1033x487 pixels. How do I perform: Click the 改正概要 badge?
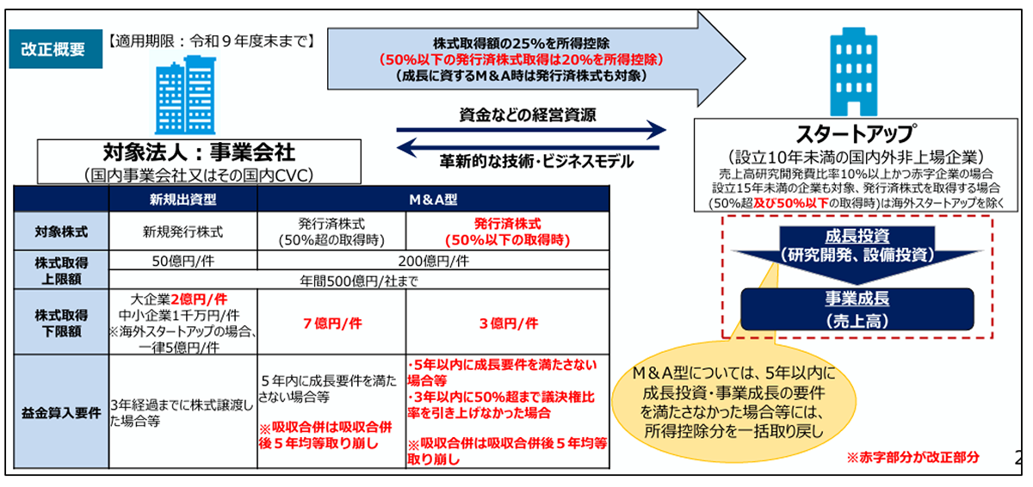(x=53, y=49)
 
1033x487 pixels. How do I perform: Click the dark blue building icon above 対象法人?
(x=175, y=94)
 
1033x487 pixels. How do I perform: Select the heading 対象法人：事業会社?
(x=199, y=152)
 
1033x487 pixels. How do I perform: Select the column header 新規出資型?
(x=183, y=198)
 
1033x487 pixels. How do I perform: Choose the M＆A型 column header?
(x=433, y=198)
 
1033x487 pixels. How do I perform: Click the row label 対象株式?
(x=60, y=231)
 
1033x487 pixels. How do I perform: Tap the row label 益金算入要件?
(x=60, y=411)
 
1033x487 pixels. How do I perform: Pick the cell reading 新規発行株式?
(x=183, y=231)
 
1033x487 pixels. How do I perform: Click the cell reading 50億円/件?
(x=183, y=261)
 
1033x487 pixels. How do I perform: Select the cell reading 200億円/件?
(x=433, y=261)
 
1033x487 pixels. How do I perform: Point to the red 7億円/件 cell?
(x=331, y=323)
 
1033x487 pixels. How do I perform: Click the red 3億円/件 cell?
(x=508, y=323)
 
